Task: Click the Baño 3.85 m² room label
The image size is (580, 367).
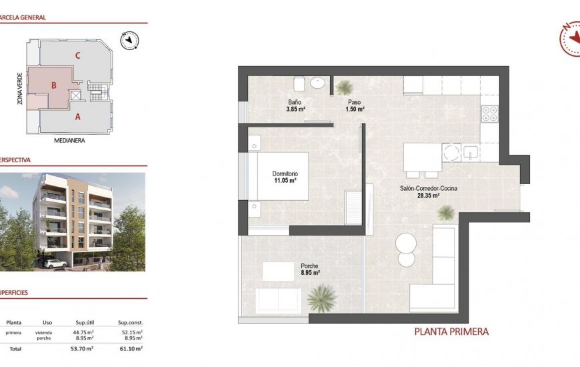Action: [296, 105]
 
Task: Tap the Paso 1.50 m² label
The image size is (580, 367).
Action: [354, 105]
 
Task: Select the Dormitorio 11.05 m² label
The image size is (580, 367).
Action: [284, 176]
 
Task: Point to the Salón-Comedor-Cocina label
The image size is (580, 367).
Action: [428, 192]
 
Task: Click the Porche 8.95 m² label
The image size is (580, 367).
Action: [310, 268]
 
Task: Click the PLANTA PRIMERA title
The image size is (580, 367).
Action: [451, 332]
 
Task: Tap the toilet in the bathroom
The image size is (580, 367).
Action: [299, 83]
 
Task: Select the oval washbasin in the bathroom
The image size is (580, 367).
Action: [318, 83]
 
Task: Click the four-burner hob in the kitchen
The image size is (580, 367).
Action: [490, 114]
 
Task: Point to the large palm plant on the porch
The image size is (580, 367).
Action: [323, 296]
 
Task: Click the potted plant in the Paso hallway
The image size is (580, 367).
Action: [345, 87]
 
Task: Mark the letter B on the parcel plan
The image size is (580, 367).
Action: [53, 85]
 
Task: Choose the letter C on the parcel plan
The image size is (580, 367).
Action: [78, 55]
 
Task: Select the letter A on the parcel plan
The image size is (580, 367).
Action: [78, 117]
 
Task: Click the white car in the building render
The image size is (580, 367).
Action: [55, 264]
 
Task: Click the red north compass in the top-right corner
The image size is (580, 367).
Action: [567, 39]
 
